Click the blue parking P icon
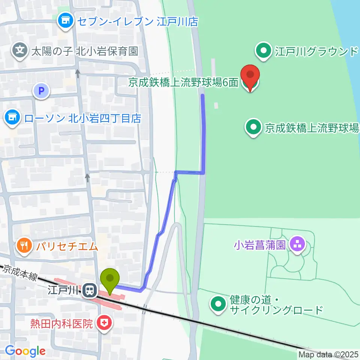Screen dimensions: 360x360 (x=42, y=91)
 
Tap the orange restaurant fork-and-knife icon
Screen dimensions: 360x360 (x=25, y=246)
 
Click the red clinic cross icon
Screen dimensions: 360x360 (x=103, y=323)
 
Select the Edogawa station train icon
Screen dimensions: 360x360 (x=90, y=290)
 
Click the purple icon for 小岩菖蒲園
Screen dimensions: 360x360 (x=298, y=245)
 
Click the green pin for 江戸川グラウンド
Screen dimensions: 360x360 (x=264, y=51)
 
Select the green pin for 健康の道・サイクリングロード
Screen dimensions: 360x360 (x=218, y=305)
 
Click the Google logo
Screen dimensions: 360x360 (x=25, y=351)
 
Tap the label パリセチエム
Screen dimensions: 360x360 (x=67, y=246)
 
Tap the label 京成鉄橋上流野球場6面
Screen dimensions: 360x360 (x=183, y=83)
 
